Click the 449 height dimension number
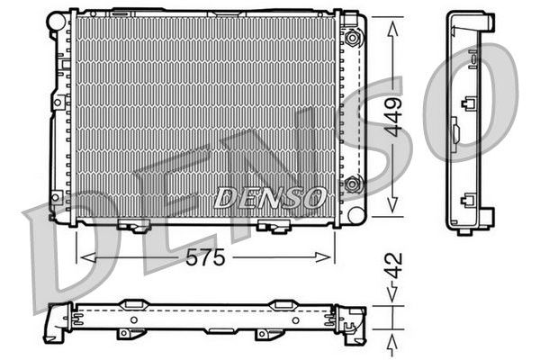[x=394, y=115]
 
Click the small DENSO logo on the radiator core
[x=270, y=195]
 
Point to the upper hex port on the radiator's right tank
[x=353, y=38]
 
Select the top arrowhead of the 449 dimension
[x=393, y=25]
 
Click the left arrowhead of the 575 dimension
[x=86, y=256]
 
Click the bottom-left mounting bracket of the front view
[x=134, y=226]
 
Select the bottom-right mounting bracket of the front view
[x=271, y=226]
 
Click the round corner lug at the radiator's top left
[x=58, y=19]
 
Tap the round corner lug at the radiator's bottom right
[x=355, y=215]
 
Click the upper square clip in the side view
[x=468, y=103]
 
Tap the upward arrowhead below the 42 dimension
[x=393, y=341]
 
